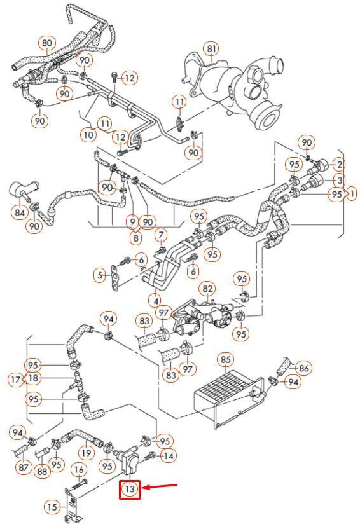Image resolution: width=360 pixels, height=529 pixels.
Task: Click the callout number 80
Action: click(46, 43)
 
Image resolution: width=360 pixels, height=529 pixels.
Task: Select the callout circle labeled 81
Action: click(211, 48)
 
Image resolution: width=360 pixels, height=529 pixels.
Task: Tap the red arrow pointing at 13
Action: click(162, 488)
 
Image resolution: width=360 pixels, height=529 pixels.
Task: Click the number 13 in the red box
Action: click(130, 489)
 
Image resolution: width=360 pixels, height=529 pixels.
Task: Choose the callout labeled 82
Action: click(207, 289)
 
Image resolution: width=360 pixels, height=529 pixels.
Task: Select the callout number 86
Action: click(303, 367)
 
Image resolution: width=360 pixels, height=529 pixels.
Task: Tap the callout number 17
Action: click(16, 380)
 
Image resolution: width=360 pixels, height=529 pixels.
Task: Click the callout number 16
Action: click(79, 470)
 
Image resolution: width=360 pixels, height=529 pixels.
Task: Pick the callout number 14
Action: click(168, 455)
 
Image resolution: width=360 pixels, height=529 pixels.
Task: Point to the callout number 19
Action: click(87, 453)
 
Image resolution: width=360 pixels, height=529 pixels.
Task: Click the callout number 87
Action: click(24, 467)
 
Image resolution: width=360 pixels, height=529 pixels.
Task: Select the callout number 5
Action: click(99, 275)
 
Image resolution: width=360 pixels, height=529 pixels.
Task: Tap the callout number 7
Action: click(161, 236)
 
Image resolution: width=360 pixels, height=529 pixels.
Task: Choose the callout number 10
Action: click(88, 134)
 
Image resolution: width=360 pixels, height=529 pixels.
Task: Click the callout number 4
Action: click(154, 298)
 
